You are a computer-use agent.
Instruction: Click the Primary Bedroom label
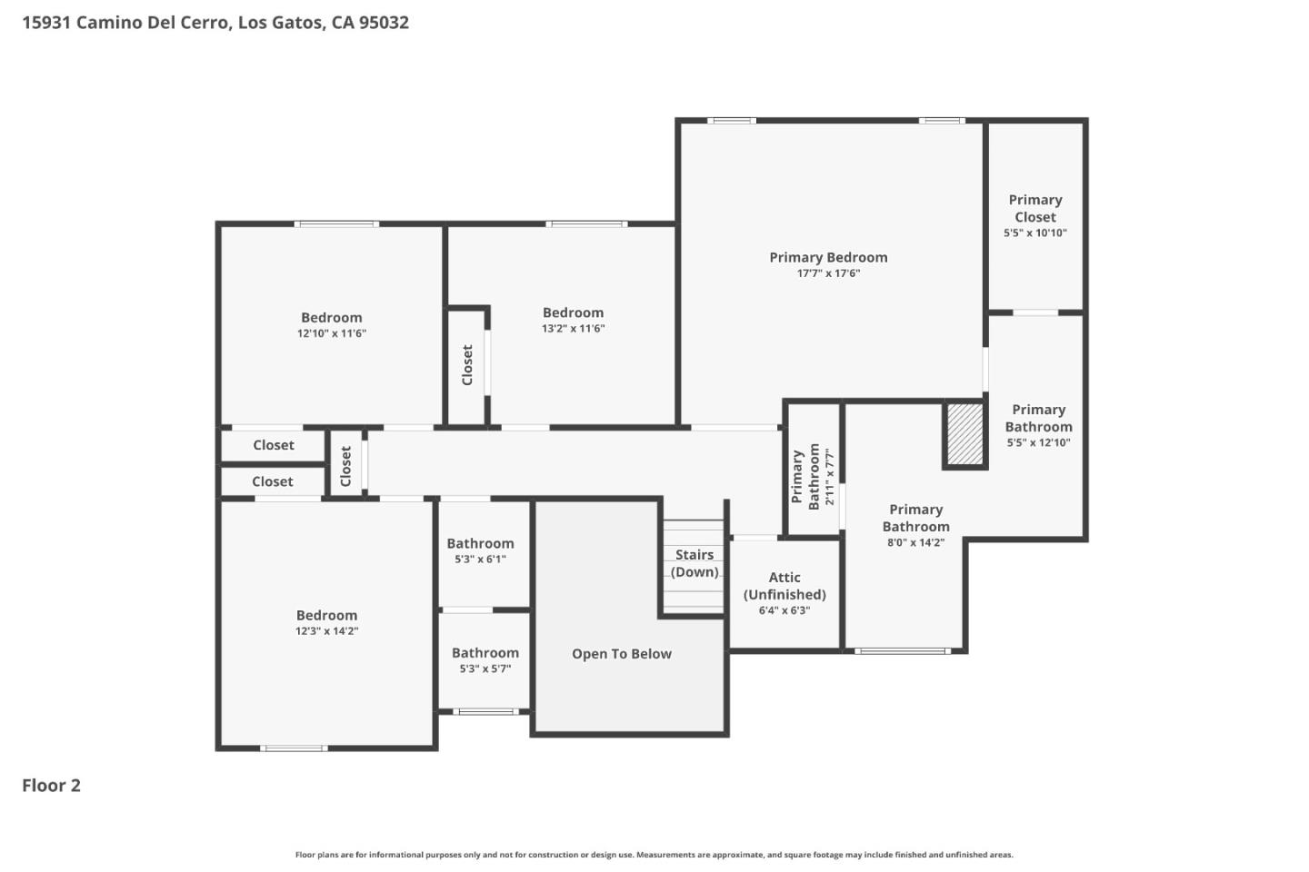pos(828,257)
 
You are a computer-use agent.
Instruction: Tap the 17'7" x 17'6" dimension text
pos(828,273)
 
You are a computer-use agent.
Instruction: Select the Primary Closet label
pos(1035,208)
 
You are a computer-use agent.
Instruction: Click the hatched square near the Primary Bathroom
pos(965,433)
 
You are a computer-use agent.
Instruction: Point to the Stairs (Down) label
pos(694,563)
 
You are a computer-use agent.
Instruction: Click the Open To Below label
pos(622,654)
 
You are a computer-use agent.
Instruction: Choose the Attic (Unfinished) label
pos(784,586)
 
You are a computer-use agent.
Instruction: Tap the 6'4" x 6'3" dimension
pos(784,610)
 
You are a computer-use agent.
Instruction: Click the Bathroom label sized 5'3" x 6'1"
pos(480,543)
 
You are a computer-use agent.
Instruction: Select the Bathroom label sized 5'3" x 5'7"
pos(485,652)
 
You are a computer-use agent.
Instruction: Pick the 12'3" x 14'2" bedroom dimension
pos(326,631)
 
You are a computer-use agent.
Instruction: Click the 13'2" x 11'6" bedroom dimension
pos(573,329)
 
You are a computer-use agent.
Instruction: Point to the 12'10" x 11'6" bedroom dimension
pos(332,333)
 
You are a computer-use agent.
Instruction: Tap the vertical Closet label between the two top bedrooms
pos(467,364)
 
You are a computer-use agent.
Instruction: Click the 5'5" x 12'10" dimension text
pos(1038,443)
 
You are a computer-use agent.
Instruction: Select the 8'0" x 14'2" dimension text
pos(915,543)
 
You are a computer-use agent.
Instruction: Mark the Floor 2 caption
pos(51,786)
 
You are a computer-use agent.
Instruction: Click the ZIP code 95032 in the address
pos(384,22)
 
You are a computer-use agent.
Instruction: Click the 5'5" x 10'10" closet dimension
pos(1035,233)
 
